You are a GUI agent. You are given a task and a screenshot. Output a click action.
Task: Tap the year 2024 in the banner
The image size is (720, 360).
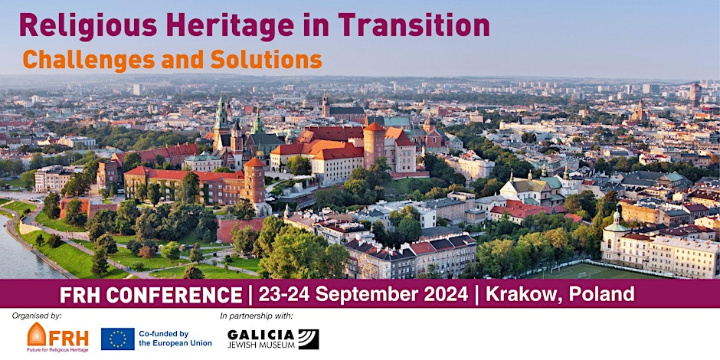pos(446,294)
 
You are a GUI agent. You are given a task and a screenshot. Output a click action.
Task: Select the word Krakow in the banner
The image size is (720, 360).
pos(523,294)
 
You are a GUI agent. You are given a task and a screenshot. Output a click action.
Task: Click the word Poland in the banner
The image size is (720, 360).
pos(601,294)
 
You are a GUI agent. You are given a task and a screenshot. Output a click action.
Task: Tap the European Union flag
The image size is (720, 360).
pos(117,339)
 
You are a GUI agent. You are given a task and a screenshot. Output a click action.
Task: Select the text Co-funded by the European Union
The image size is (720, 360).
pos(175,339)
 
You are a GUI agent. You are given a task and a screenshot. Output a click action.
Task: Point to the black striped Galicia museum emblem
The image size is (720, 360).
pos(308,339)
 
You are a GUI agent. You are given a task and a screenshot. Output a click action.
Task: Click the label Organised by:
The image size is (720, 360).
pos(37,316)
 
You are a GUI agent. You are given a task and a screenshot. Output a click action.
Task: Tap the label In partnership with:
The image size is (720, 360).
pos(257,316)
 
